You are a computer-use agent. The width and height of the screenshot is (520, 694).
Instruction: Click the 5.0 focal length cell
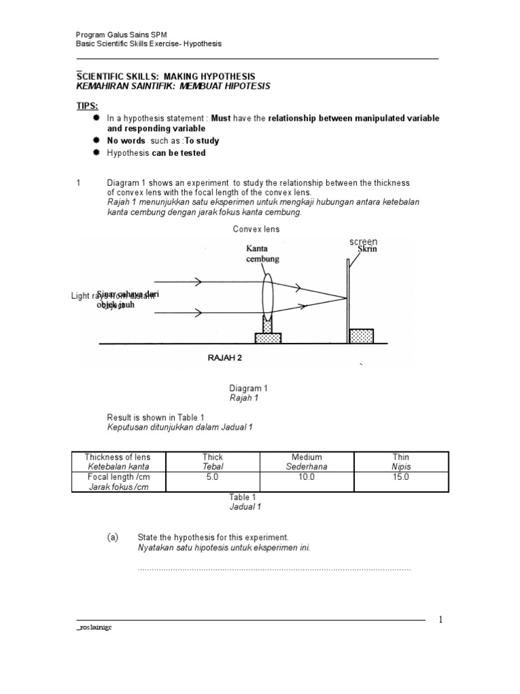213,477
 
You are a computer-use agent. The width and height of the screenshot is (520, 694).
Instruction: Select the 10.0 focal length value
306,477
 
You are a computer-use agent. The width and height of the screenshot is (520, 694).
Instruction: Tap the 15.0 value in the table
401,477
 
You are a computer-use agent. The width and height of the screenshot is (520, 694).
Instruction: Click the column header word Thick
213,457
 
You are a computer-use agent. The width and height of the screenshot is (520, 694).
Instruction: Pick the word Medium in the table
306,457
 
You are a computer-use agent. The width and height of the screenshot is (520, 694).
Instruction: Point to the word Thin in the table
401,457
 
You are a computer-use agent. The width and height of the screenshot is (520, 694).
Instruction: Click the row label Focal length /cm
118,477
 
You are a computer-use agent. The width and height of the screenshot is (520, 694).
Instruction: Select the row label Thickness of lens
118,457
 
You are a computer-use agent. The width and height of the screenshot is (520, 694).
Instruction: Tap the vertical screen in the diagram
348,298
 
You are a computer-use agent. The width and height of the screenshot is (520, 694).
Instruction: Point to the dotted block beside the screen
361,336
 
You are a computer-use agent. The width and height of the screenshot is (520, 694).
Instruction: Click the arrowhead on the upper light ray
198,281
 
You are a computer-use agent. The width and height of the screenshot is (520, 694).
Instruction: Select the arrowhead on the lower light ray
198,313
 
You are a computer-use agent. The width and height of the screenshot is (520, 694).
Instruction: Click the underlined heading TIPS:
86,106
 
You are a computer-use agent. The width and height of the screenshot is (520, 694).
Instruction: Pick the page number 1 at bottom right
439,619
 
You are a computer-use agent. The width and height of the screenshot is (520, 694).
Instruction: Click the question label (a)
112,537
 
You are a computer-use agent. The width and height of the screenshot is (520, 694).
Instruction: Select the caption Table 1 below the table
242,497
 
